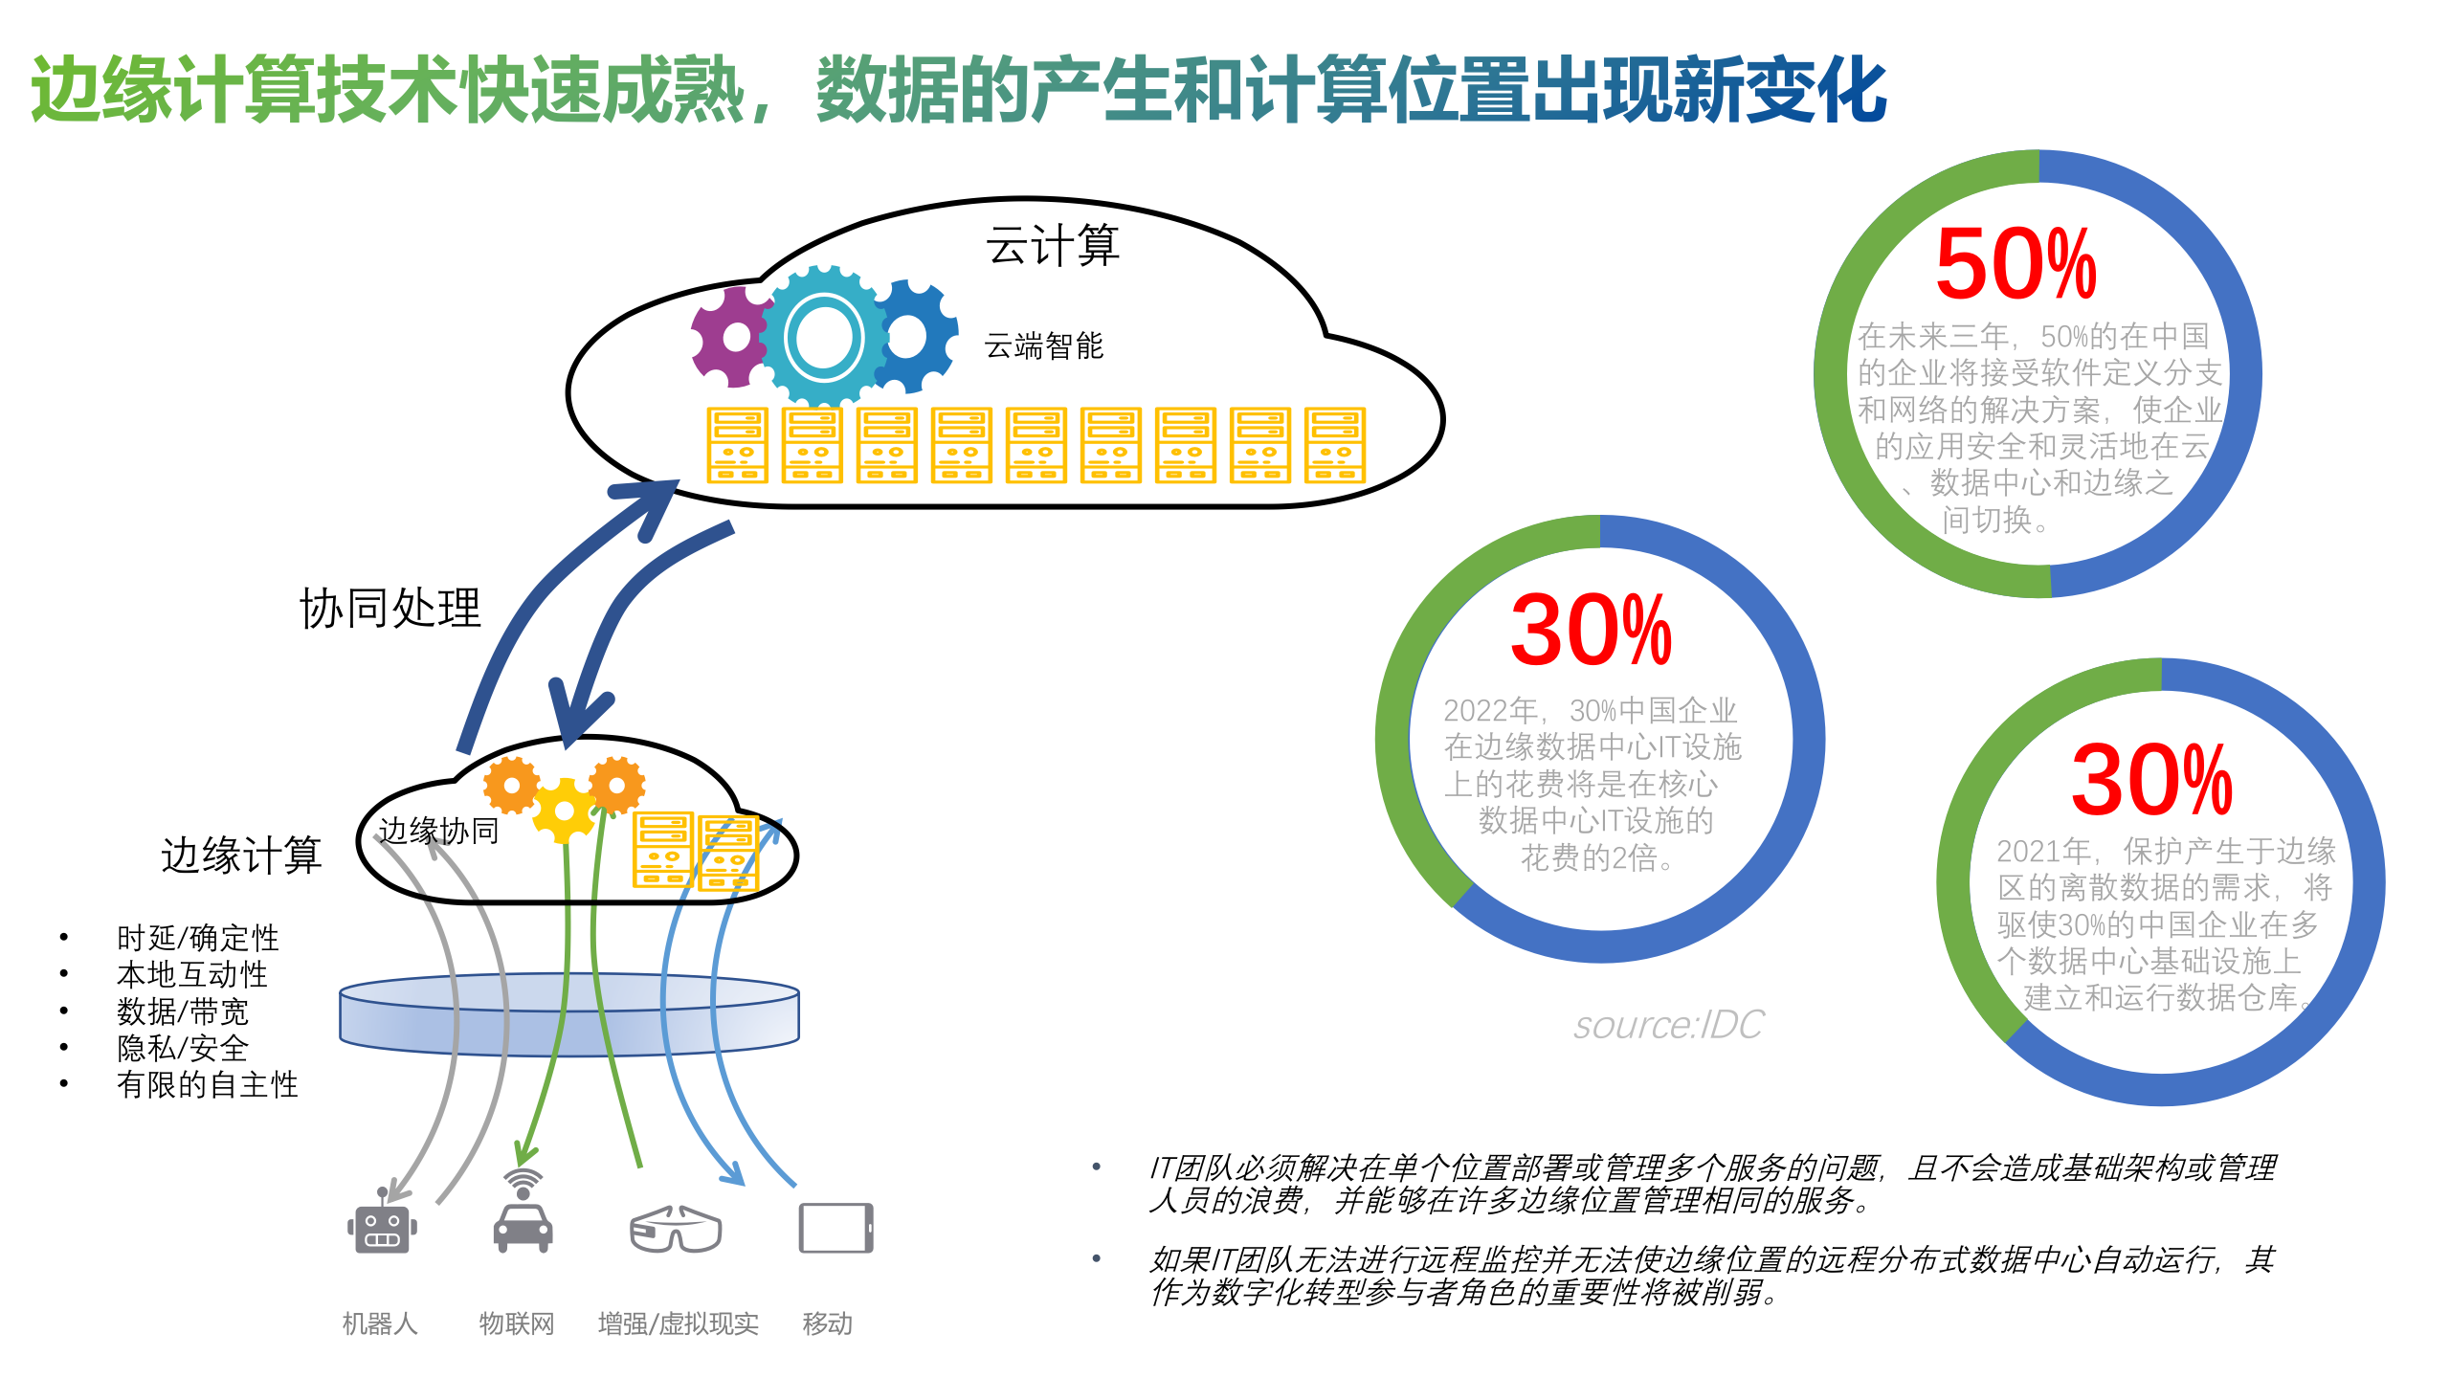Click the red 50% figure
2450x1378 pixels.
coord(2016,264)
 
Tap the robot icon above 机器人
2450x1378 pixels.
coord(382,1227)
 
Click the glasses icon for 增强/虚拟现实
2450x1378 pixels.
coord(676,1229)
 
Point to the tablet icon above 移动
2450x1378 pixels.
coord(835,1228)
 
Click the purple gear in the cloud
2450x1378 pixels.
coord(733,337)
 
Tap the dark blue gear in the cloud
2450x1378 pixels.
coord(911,337)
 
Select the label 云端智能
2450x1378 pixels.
coord(1043,346)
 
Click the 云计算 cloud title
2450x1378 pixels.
coord(1053,246)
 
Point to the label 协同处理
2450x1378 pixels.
coord(390,609)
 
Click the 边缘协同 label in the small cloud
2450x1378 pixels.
coord(438,831)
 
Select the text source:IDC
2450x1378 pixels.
coord(1668,1025)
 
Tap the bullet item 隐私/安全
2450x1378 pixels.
coord(183,1049)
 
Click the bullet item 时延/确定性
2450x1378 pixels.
coord(198,938)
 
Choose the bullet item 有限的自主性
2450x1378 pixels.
coord(208,1085)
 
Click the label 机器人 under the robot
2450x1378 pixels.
coord(380,1323)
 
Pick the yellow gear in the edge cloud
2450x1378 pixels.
coord(565,811)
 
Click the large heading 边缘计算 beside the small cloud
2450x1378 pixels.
coord(241,855)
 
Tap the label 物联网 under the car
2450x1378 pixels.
coord(517,1323)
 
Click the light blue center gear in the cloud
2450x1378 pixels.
coord(823,337)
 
